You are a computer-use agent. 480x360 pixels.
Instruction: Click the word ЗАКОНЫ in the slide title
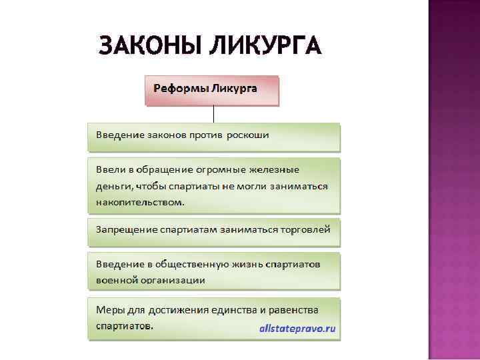[148, 46]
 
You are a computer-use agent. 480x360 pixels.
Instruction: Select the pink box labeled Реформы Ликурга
[212, 91]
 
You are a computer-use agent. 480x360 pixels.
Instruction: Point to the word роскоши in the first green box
[247, 135]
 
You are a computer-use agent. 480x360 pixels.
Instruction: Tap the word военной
[117, 280]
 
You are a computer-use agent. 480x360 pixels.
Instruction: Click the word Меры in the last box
[109, 310]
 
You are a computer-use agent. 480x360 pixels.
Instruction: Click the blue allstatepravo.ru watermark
[297, 329]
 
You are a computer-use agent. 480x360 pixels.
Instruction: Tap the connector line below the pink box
[213, 114]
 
